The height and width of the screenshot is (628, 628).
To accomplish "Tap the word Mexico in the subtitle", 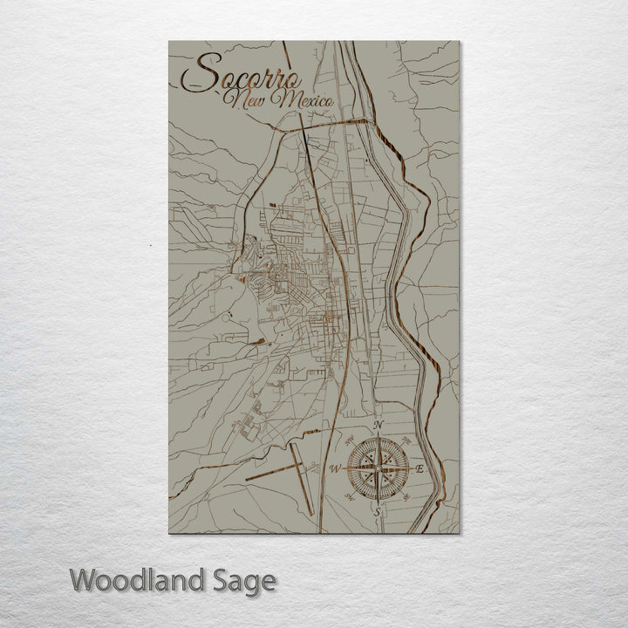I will point(306,101).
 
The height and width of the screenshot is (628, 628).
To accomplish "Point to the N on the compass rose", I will point(379,425).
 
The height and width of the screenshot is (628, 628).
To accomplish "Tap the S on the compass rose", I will point(377,513).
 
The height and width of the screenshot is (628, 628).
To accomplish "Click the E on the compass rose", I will point(420,469).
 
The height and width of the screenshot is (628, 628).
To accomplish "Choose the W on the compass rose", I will point(333,469).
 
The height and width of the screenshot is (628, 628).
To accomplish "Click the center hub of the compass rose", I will point(377,468).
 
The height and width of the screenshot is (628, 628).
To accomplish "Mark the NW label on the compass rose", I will point(349,439).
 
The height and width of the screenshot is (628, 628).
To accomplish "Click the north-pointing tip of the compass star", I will point(377,435).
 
